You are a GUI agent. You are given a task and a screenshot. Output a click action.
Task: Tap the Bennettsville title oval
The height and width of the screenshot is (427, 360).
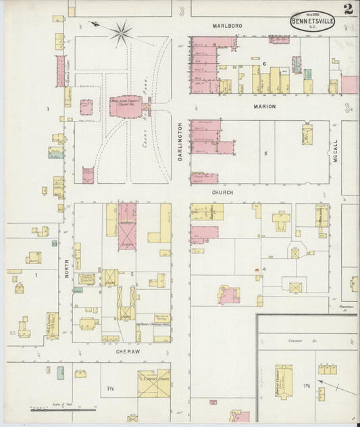coord(313,21)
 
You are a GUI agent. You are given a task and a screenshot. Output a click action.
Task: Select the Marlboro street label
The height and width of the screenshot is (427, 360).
coord(227,26)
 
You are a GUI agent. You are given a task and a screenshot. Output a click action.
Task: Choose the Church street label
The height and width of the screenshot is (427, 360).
coord(222,193)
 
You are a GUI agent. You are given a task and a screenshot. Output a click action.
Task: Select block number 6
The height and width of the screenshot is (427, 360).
coord(265,64)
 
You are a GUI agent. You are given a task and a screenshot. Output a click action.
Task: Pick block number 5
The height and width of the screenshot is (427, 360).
coord(265,153)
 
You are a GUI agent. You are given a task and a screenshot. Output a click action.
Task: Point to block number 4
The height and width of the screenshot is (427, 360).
coord(265,270)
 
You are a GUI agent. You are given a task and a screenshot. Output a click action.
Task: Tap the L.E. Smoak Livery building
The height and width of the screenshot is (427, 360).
coord(153,382)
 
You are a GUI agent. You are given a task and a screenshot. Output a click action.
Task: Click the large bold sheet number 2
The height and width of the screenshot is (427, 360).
coord(347,9)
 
